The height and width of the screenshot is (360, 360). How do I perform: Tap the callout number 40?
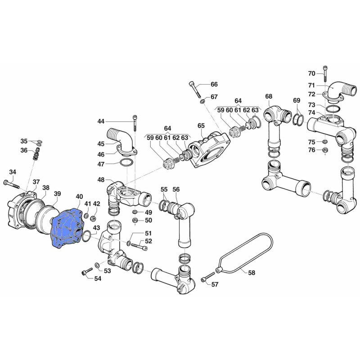tap(79, 197)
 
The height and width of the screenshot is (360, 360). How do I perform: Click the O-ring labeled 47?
tap(126, 163)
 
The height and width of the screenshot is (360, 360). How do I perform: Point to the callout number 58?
tap(252, 273)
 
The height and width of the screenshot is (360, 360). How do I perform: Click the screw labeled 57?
tap(207, 277)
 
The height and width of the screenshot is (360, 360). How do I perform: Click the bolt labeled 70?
tap(325, 73)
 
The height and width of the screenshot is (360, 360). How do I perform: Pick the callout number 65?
tap(201, 126)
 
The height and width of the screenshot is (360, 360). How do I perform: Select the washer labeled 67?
tap(203, 101)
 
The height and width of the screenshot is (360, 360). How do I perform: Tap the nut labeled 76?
tap(325, 150)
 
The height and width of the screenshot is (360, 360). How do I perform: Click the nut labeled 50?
tap(135, 221)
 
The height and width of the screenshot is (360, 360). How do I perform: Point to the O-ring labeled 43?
tap(86, 237)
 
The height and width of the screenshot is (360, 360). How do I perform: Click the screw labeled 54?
tap(87, 271)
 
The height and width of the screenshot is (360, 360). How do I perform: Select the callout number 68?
tap(269, 96)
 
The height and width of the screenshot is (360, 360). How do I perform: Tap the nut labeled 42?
tap(93, 217)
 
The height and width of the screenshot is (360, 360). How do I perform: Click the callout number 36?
tap(24, 150)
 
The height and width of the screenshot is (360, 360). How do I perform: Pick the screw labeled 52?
tap(139, 246)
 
